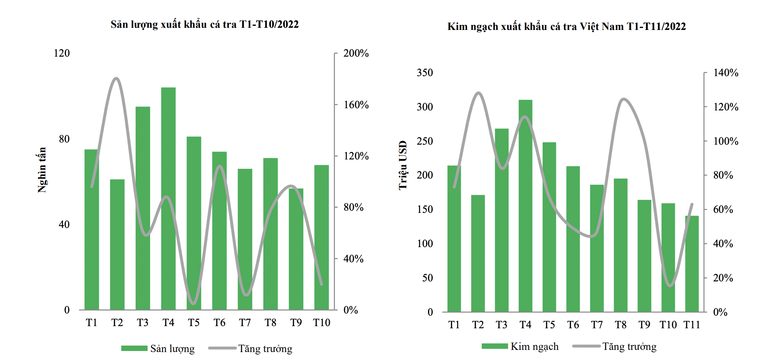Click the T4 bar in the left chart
point(168,198)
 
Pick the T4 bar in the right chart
point(525,206)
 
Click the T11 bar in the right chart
point(692,264)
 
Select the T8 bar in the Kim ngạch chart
point(621,245)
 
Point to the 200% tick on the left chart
point(356,53)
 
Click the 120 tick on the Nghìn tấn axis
point(62,53)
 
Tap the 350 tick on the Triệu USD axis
point(425,73)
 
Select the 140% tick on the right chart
point(726,73)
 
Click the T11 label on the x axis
point(692,325)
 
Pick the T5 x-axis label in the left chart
point(194,322)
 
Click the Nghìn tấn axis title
point(42,170)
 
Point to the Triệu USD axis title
point(403,165)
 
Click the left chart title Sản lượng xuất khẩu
point(205,24)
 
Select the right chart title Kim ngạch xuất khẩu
point(567,26)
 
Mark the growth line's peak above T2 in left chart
point(116,78)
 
